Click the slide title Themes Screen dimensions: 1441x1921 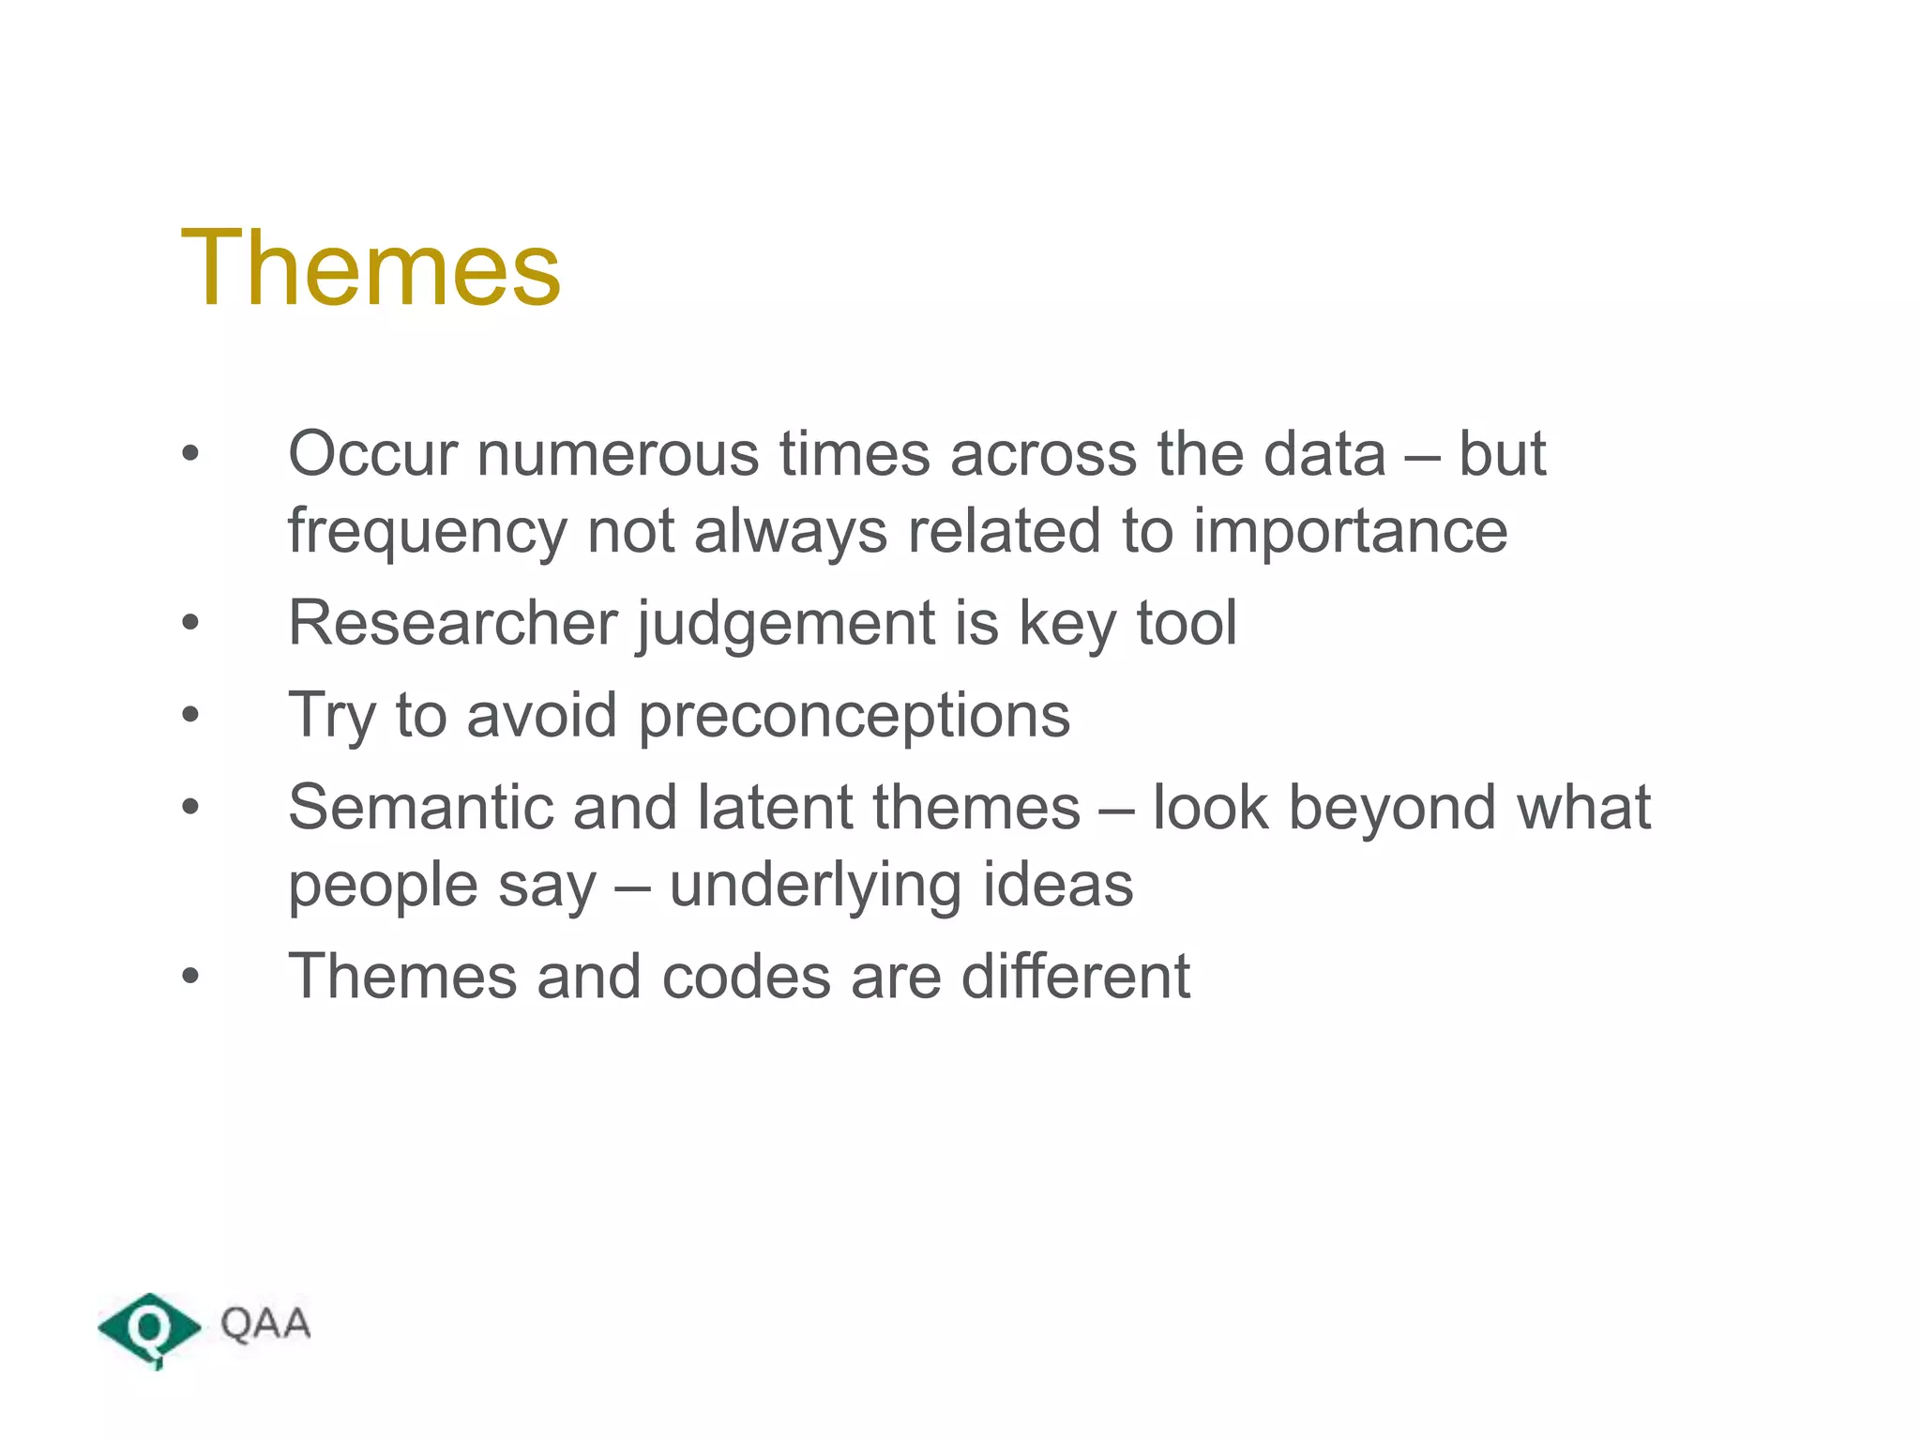(371, 269)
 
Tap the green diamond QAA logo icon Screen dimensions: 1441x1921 (149, 1328)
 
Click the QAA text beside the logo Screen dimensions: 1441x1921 (265, 1324)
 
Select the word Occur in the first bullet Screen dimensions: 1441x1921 (372, 454)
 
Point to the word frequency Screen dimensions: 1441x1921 (427, 533)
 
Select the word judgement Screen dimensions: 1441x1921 (786, 625)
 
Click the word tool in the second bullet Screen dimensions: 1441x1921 (1187, 623)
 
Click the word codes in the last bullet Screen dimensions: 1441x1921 (746, 976)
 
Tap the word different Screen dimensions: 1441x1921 (1075, 976)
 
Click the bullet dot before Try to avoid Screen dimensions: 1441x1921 (190, 716)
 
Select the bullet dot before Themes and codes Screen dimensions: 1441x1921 (190, 977)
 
